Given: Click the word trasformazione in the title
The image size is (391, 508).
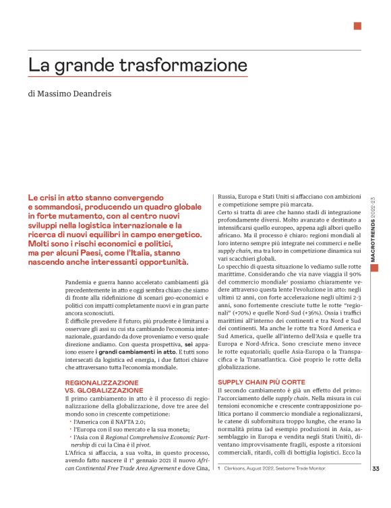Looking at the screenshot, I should [x=183, y=65].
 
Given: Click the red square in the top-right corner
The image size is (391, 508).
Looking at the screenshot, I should [x=357, y=26].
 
